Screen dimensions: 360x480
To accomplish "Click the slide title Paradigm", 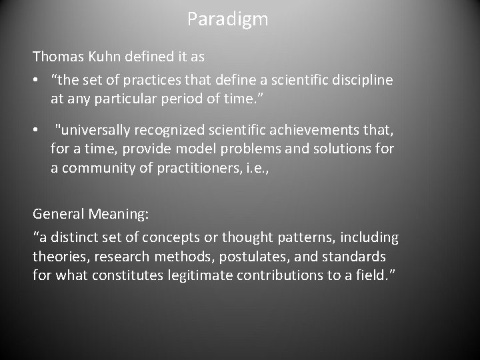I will [x=227, y=19].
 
